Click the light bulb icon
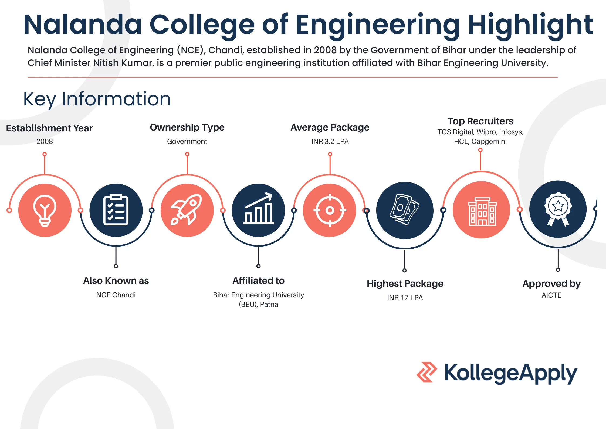45,210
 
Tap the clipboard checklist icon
116,210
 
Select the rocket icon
187,210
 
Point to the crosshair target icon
330,210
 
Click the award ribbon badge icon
558,209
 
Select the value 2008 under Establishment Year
45,141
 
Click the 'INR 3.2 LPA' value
330,141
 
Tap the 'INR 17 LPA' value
405,298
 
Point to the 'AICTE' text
551,295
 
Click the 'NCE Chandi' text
116,295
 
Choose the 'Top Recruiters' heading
480,121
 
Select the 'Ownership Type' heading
187,127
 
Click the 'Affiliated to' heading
258,281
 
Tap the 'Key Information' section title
97,99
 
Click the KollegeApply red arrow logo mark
426,372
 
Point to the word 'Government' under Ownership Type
187,141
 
